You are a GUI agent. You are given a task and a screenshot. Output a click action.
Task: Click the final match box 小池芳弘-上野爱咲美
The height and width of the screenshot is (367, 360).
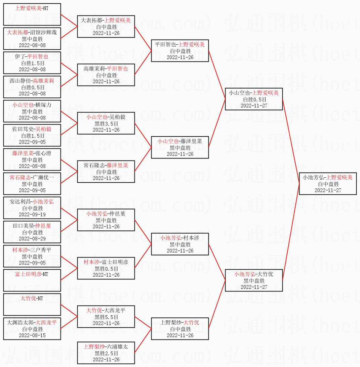(x=328, y=183)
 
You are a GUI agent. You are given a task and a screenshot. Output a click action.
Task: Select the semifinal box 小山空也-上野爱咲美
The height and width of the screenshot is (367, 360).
(x=254, y=99)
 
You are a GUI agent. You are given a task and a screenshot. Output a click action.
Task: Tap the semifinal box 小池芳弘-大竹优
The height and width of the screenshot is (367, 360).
(x=254, y=280)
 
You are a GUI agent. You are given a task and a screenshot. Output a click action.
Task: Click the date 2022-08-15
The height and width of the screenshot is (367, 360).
(x=32, y=335)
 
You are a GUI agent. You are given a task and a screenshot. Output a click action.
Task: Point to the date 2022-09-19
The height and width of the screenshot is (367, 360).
(x=32, y=214)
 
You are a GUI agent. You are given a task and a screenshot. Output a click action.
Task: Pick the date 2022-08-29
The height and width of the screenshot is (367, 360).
(x=32, y=238)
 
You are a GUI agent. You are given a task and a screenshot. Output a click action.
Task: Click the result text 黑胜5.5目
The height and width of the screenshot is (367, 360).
(x=106, y=317)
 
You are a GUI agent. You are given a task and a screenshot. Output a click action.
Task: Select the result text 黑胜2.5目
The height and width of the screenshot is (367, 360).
(x=106, y=353)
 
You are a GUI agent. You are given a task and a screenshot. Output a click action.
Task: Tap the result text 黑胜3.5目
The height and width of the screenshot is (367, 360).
(x=106, y=124)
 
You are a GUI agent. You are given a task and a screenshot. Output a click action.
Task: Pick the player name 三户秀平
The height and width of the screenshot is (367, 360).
(x=41, y=250)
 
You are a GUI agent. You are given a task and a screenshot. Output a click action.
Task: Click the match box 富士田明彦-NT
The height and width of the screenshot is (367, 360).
(x=32, y=280)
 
